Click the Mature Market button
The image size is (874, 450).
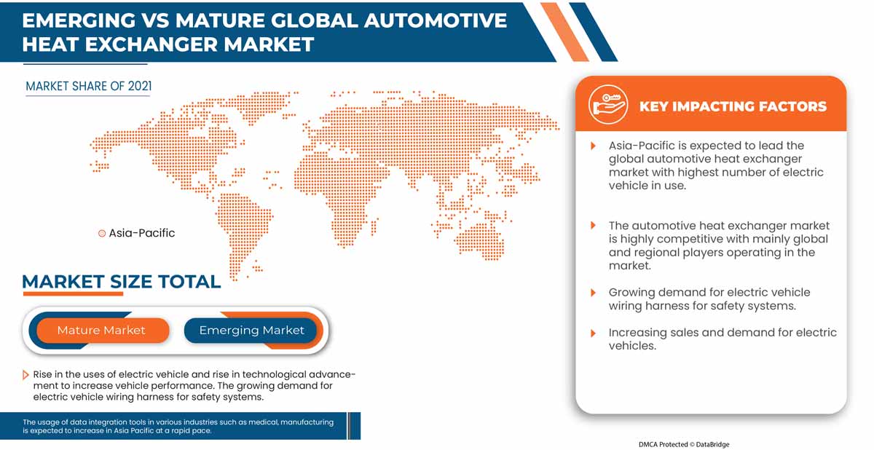click(102, 331)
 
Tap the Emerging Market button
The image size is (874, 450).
click(251, 331)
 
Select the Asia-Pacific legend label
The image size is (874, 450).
click(141, 233)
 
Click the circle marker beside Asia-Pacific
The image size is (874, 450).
click(102, 234)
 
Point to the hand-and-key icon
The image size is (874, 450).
click(608, 105)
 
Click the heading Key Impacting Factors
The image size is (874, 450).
click(733, 106)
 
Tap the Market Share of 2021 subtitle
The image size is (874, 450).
click(89, 86)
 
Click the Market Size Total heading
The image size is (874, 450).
click(122, 282)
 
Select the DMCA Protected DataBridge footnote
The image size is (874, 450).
click(684, 444)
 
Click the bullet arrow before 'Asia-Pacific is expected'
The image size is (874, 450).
click(593, 146)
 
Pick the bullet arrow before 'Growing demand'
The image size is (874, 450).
click(593, 293)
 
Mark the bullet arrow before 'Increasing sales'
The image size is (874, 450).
click(593, 333)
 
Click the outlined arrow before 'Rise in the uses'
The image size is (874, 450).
click(25, 375)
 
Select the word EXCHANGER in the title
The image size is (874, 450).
click(151, 44)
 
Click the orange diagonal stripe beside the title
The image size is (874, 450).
click(564, 32)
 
